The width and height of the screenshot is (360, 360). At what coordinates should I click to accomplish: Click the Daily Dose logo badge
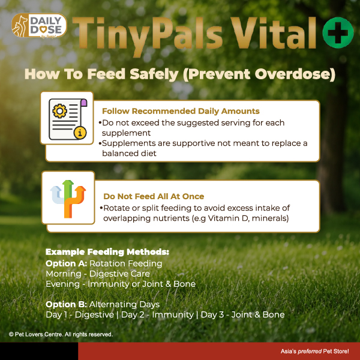39,25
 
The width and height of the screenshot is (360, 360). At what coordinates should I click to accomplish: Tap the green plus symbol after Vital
338,32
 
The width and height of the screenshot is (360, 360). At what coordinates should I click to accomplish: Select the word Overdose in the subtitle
295,74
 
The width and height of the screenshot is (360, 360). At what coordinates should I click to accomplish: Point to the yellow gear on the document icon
59,111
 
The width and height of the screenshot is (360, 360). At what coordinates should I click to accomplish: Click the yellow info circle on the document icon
80,133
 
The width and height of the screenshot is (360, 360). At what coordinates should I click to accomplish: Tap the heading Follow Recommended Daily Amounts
181,111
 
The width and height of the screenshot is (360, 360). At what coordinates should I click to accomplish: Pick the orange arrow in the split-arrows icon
74,202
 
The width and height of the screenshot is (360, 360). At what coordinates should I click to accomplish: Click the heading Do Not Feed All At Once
154,197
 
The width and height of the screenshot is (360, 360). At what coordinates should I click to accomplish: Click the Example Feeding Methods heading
107,252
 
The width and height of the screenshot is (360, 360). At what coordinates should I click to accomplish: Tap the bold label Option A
66,263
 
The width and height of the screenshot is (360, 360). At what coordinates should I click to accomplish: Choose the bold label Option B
66,304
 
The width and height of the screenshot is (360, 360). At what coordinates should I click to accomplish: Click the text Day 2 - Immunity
157,315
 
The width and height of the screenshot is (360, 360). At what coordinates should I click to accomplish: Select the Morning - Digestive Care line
98,274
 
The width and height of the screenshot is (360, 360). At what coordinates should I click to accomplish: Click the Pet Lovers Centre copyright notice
61,334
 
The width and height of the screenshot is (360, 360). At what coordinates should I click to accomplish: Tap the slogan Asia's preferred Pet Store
315,351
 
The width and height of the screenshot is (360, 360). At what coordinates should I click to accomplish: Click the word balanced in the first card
121,153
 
